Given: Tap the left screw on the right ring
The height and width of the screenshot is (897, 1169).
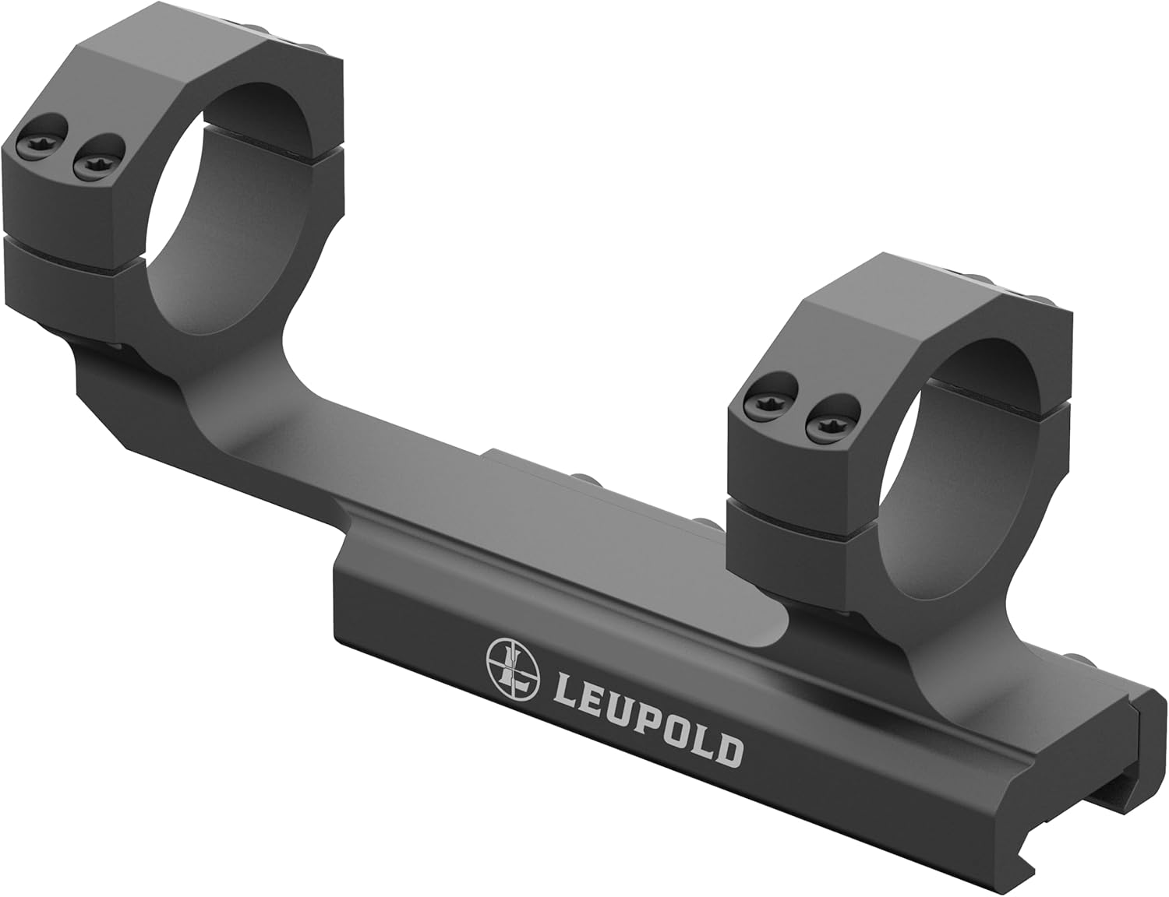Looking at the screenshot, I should (762, 403).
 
